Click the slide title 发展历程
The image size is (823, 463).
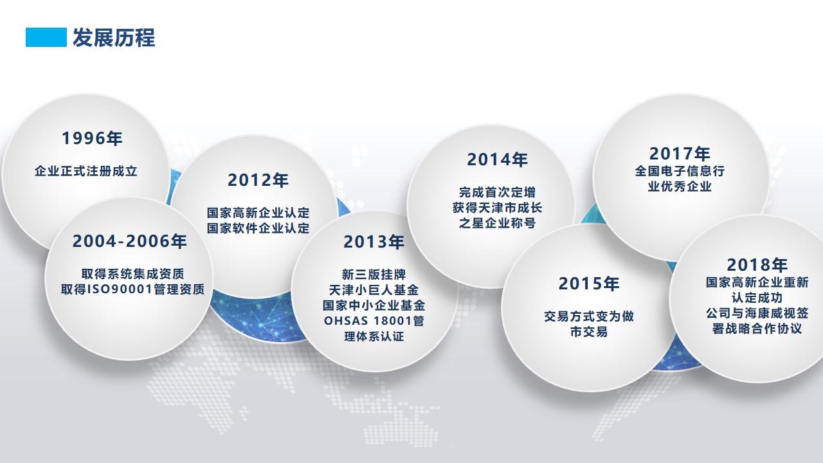click(114, 37)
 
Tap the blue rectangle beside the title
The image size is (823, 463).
click(46, 37)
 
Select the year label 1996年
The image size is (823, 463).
click(92, 138)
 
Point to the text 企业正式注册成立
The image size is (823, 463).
click(86, 171)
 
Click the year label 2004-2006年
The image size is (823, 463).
click(130, 241)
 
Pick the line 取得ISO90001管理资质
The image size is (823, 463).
click(132, 289)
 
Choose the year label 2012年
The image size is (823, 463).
click(258, 180)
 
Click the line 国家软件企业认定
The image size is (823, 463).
click(258, 228)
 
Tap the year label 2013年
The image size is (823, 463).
click(374, 242)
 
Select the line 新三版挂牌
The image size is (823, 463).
click(374, 274)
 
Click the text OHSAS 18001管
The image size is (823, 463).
click(374, 321)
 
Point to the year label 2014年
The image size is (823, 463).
click(497, 159)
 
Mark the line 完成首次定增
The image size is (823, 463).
click(497, 192)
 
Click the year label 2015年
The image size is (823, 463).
click(588, 284)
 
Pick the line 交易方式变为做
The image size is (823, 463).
click(588, 316)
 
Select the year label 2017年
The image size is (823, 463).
click(680, 154)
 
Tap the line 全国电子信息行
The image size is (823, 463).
click(680, 171)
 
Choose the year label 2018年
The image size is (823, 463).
click(757, 264)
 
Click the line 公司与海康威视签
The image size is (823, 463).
click(757, 313)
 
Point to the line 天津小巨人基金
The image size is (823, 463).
click(374, 290)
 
